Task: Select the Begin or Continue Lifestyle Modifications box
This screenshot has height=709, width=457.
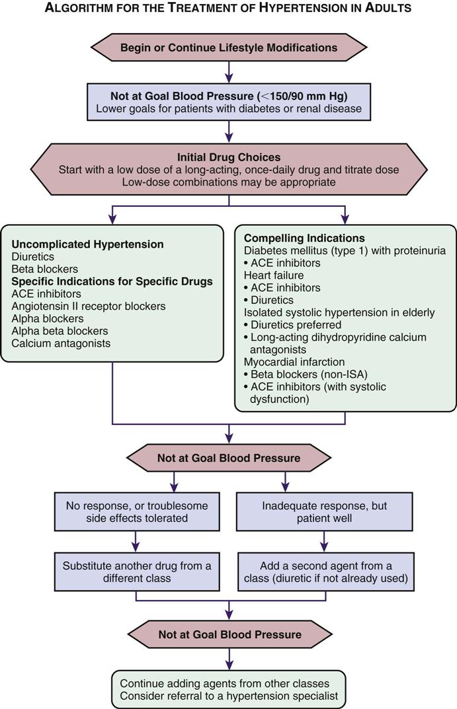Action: (x=228, y=48)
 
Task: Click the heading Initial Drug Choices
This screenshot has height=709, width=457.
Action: (x=228, y=157)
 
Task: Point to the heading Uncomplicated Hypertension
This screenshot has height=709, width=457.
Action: (x=87, y=244)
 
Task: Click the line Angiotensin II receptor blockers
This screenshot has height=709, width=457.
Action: (x=89, y=306)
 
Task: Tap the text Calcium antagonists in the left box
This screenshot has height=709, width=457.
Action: (x=62, y=343)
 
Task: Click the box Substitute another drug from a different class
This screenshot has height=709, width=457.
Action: (x=136, y=572)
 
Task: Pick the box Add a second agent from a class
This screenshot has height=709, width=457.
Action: (x=324, y=572)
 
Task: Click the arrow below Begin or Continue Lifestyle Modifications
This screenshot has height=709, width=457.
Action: (x=228, y=71)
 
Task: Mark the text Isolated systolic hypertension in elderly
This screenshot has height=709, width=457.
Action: (x=339, y=312)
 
